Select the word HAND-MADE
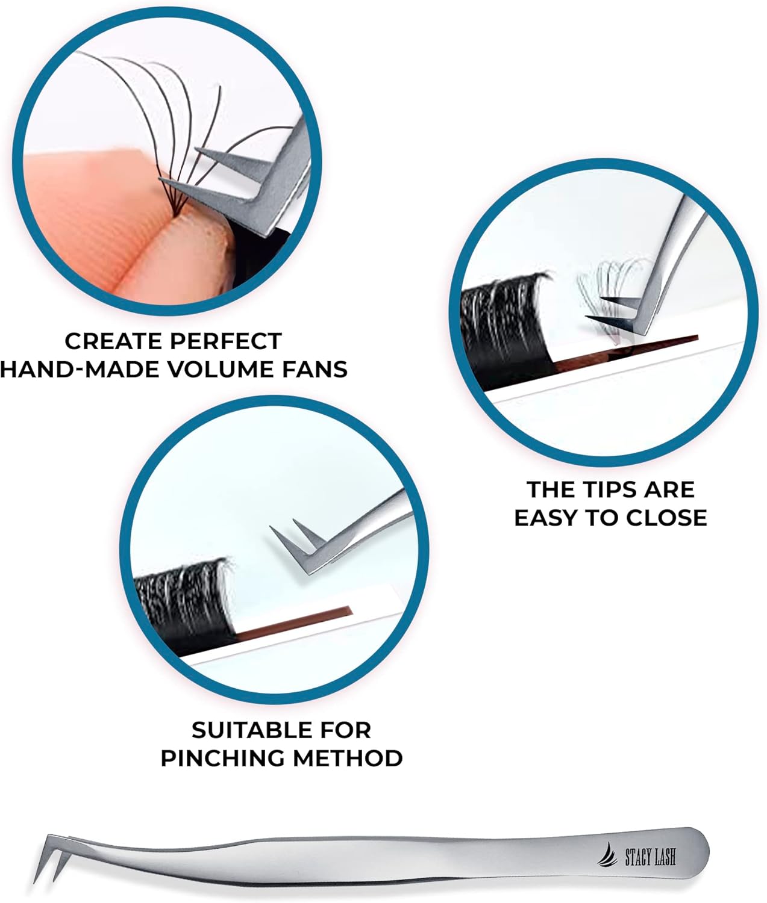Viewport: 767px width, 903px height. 79,369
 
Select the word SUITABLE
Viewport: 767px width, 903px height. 251,730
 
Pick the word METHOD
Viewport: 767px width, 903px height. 348,758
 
